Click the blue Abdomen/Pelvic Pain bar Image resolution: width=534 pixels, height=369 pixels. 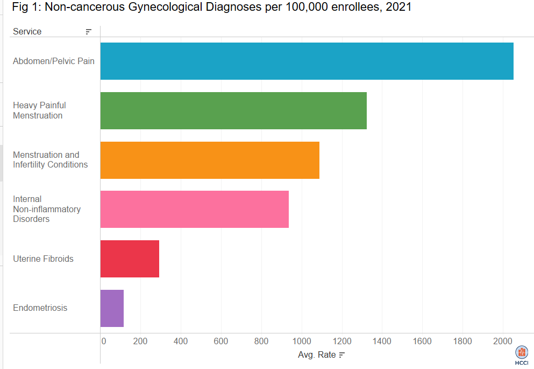point(307,61)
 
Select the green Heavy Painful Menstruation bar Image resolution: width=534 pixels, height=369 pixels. point(233,110)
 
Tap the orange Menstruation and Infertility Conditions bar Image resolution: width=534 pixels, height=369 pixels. point(210,160)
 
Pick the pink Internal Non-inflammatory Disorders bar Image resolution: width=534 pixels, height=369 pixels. point(194,209)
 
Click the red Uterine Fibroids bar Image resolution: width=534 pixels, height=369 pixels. point(130,259)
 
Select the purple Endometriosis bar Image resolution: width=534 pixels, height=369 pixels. point(112,308)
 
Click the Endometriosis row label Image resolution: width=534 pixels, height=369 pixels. point(40,308)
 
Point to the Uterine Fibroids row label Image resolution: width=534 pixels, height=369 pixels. point(43,259)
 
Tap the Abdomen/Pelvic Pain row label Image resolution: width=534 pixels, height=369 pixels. point(53,61)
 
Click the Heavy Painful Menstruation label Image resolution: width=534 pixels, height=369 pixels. point(39,110)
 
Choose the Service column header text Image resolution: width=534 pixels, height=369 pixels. point(27,32)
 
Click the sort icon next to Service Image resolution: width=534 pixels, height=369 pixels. point(89,32)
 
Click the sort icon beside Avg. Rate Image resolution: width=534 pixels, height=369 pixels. point(341,355)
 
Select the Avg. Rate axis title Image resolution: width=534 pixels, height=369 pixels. point(317,355)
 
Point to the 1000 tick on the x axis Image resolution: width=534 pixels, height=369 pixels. point(301,341)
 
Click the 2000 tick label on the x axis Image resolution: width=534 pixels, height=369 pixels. point(502,341)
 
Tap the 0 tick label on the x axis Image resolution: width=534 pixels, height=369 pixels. point(104,341)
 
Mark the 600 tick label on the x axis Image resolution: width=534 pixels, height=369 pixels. point(220,341)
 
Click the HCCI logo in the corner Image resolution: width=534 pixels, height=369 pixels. point(522,355)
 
